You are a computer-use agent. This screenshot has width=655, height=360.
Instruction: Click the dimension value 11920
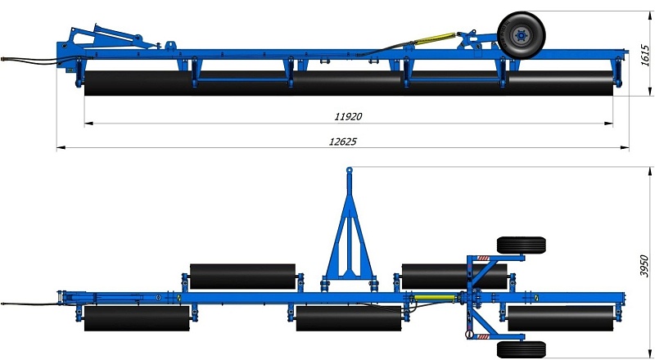coord(348,116)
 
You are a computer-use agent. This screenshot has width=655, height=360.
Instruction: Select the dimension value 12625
coord(343,142)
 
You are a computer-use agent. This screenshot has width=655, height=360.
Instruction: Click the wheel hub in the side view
coord(522,35)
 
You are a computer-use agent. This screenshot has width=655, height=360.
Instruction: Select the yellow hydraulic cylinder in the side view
coord(435,38)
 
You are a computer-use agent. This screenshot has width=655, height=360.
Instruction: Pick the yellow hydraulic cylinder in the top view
coord(435,298)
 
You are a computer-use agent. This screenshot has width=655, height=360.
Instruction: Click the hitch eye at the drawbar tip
coord(350,169)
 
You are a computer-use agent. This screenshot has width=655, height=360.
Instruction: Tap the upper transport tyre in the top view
coord(521,245)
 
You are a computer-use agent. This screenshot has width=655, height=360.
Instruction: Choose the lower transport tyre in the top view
coord(521,349)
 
